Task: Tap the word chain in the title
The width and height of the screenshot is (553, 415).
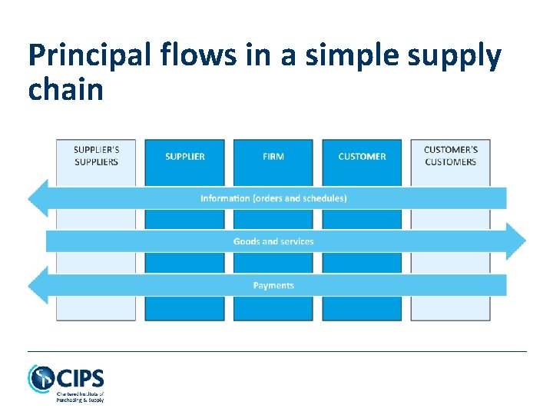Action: click(x=65, y=91)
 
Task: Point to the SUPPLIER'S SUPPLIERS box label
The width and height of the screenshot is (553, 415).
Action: click(x=96, y=156)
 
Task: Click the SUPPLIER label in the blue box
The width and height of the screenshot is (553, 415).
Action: click(x=185, y=157)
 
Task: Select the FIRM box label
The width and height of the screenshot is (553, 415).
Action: click(x=273, y=157)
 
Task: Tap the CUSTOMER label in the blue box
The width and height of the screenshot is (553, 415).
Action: click(x=362, y=157)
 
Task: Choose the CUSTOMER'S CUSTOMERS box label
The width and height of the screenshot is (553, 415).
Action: click(x=450, y=156)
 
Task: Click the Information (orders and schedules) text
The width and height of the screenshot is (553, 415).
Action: click(x=273, y=198)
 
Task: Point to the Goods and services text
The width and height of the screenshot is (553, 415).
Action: click(x=273, y=241)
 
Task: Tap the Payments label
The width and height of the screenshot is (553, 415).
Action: click(x=273, y=285)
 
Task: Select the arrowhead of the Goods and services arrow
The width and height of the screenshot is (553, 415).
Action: click(x=516, y=241)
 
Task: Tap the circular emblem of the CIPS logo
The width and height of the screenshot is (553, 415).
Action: click(x=41, y=378)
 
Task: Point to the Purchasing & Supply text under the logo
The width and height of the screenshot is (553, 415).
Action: click(x=80, y=399)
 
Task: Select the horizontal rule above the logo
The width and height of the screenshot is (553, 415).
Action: click(x=276, y=351)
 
